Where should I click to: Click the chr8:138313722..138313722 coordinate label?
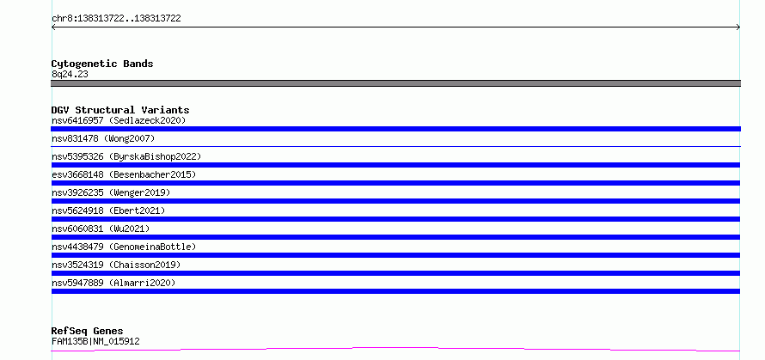pos(116,19)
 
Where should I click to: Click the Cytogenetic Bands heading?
pos(102,64)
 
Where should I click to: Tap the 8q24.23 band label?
pos(70,75)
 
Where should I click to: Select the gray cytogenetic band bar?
pos(395,83)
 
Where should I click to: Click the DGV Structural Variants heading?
pos(120,110)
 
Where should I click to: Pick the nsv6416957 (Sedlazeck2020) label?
pos(119,120)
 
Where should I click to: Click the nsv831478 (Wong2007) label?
pos(103,138)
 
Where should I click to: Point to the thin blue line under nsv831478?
pos(395,146)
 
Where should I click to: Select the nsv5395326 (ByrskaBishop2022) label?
pos(126,156)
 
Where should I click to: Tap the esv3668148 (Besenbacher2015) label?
pos(124,174)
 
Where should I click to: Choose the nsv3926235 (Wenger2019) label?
pos(111,192)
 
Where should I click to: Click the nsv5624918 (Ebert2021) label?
pos(108,211)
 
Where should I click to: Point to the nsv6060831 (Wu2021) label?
pos(101,229)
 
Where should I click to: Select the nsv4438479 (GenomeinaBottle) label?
pos(124,247)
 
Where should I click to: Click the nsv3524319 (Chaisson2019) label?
pos(116,265)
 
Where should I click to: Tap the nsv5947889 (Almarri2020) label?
pos(113,283)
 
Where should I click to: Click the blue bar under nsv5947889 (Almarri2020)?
pos(395,291)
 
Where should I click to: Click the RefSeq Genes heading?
pos(87,332)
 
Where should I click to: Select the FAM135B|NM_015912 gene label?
pos(95,341)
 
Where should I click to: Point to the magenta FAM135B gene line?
pos(395,348)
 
